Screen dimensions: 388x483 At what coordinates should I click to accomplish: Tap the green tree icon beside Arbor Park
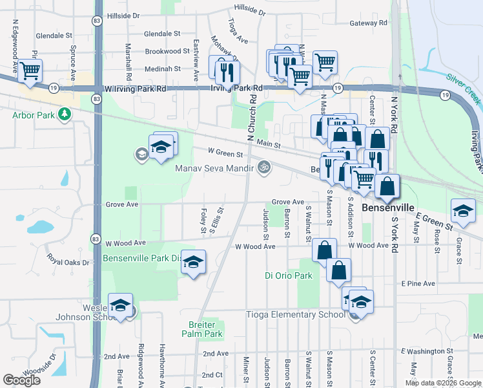(x=64, y=115)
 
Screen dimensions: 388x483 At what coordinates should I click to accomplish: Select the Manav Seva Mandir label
(x=215, y=169)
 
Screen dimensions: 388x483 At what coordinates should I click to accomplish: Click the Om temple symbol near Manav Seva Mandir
(x=263, y=168)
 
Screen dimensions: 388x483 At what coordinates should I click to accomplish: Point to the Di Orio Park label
(x=289, y=275)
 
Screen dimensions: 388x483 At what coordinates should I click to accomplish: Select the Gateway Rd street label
(x=367, y=23)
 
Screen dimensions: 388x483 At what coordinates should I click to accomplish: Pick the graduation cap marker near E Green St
(x=463, y=210)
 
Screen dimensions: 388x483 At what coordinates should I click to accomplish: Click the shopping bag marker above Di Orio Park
(x=324, y=250)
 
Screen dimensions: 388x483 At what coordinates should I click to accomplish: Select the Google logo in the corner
(x=21, y=380)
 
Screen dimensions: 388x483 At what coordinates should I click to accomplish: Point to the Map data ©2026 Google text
(x=443, y=383)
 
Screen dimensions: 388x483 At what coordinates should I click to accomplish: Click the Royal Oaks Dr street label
(x=67, y=258)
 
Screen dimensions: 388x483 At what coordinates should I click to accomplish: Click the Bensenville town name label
(x=387, y=208)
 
